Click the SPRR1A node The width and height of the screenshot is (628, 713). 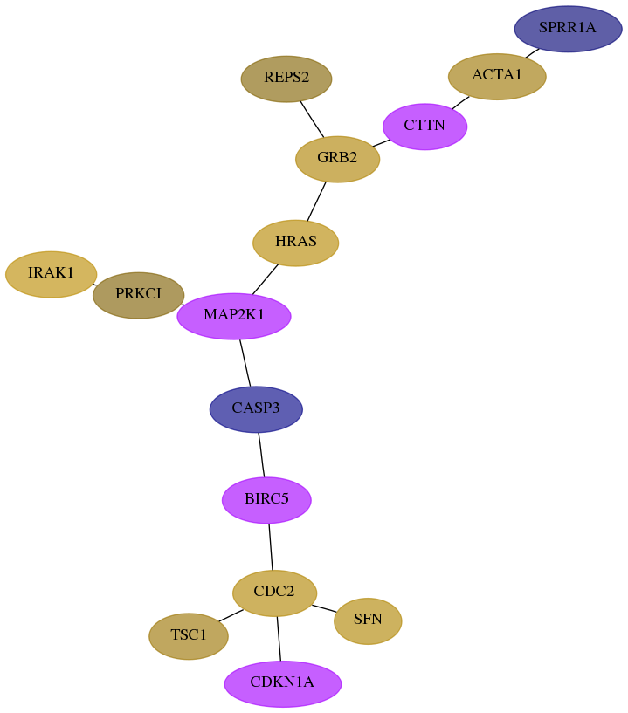click(568, 29)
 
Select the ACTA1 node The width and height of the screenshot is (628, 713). click(497, 76)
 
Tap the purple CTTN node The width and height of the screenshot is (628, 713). click(425, 127)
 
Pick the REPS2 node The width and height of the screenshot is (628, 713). click(286, 79)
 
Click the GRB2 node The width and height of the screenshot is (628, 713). click(337, 159)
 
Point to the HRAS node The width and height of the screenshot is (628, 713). click(296, 243)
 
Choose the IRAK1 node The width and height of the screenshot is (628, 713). click(51, 274)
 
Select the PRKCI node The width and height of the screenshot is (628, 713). click(138, 295)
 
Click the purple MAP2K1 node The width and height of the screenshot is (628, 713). click(234, 316)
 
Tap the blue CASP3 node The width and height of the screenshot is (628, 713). click(256, 409)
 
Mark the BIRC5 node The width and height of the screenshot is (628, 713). click(266, 500)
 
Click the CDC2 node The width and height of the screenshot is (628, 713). click(274, 593)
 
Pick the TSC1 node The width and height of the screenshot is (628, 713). click(189, 636)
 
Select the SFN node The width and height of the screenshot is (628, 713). click(368, 620)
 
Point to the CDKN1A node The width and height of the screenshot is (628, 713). click(282, 683)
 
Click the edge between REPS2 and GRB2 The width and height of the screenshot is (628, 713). click(312, 119)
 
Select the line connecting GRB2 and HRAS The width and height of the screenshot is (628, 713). click(316, 201)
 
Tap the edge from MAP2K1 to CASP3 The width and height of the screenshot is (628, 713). click(245, 363)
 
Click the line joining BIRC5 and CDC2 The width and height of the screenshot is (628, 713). click(271, 546)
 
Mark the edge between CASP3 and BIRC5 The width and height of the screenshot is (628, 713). click(261, 455)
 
